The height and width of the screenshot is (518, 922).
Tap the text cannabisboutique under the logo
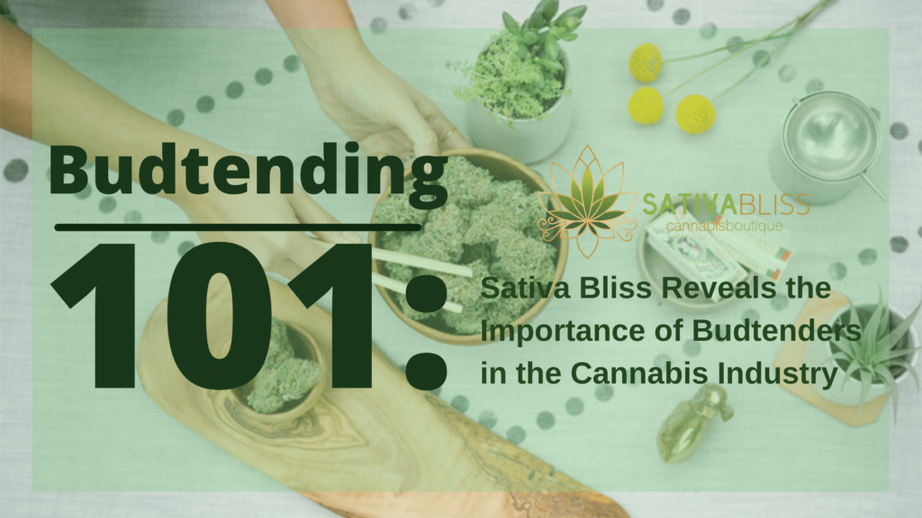point(723,225)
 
